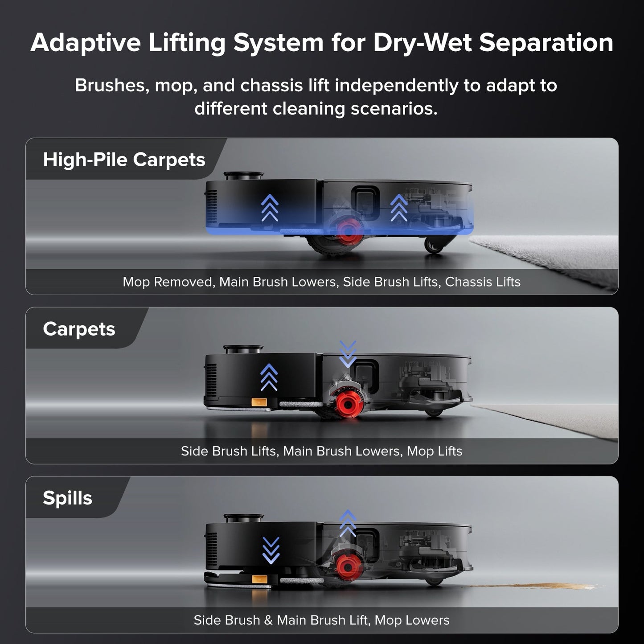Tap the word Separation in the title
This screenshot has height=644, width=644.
(546, 43)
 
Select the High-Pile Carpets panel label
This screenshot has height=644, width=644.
(124, 160)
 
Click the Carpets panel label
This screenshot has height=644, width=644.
(79, 329)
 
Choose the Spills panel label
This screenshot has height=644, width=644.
(67, 498)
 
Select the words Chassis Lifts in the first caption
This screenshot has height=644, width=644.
(483, 282)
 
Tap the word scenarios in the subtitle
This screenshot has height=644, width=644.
(394, 109)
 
